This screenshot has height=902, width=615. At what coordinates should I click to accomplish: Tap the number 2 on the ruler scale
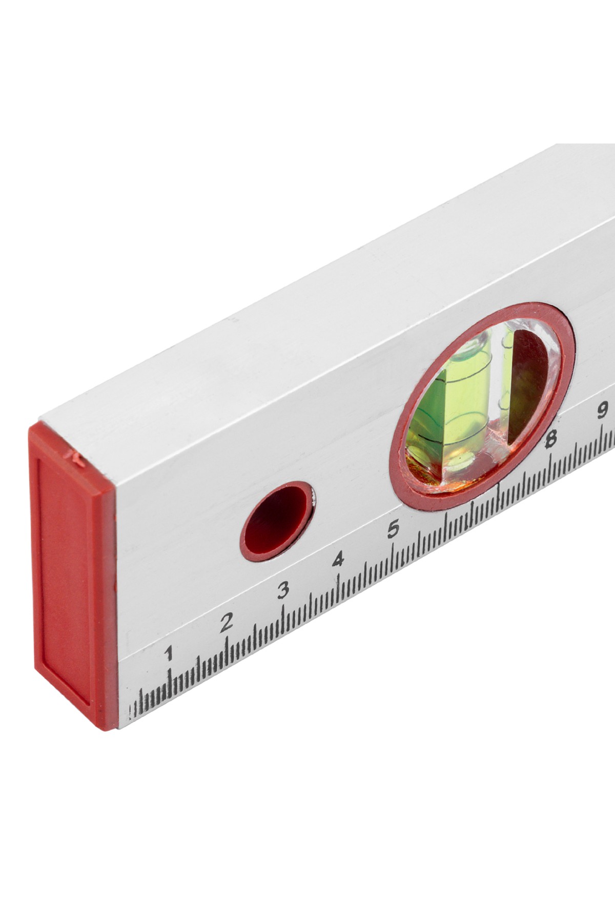click(x=226, y=623)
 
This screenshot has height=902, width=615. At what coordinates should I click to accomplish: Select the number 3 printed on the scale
click(x=283, y=591)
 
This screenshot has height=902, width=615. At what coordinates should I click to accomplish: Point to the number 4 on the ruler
click(x=338, y=560)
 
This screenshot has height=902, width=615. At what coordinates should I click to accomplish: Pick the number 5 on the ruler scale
click(x=393, y=528)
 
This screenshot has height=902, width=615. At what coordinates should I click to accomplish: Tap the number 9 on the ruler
click(x=603, y=410)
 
